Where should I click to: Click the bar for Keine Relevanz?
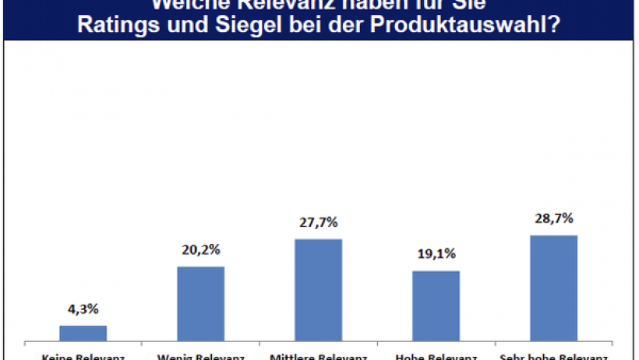83,333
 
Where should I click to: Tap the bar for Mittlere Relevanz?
318,289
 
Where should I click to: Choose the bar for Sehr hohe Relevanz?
553,288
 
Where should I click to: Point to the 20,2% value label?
201,252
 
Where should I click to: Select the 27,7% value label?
318,223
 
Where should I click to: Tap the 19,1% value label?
436,255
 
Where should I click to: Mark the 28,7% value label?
553,219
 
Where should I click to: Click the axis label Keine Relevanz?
83,357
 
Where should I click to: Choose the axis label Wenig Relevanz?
201,357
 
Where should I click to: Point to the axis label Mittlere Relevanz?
318,357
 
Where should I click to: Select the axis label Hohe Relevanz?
436,357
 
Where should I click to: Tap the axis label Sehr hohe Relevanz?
553,357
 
